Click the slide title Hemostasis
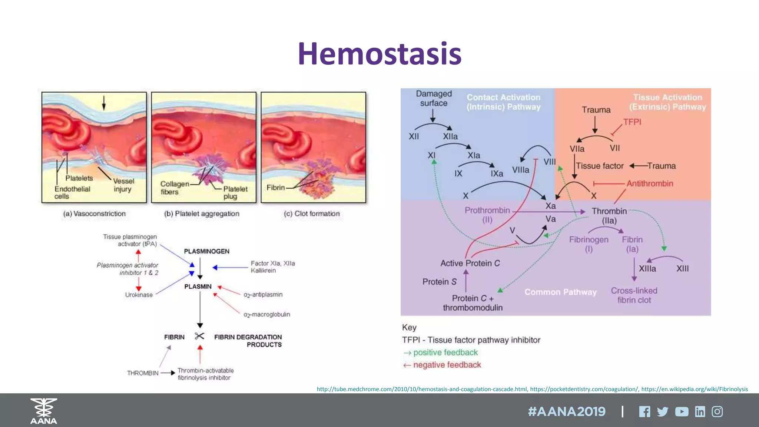(x=379, y=54)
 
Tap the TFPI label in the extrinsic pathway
(x=632, y=122)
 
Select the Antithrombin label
(x=650, y=183)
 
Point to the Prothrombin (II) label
(x=487, y=215)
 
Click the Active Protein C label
(x=470, y=263)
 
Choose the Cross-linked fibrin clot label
(x=634, y=295)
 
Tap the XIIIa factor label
(x=647, y=269)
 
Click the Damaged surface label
(x=434, y=98)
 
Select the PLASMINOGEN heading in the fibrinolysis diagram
(x=206, y=251)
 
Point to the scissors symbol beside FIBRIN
(x=199, y=336)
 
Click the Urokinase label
(x=139, y=295)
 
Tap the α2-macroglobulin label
(x=266, y=314)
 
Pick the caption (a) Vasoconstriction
(x=94, y=213)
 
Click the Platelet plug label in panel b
(x=235, y=192)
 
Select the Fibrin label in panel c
(x=276, y=188)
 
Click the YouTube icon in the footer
(x=682, y=412)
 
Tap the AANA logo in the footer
(x=44, y=411)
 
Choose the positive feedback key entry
(x=445, y=352)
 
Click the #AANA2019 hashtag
(x=567, y=412)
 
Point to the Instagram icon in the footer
(x=717, y=412)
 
